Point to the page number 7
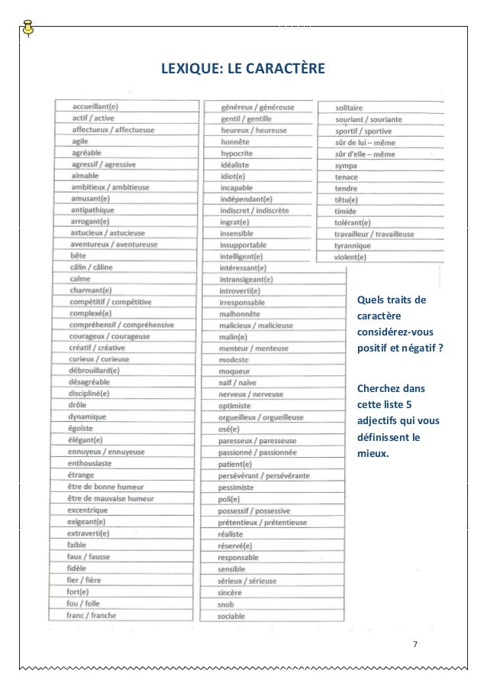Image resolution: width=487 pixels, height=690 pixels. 414,643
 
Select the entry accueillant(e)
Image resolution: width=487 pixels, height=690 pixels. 95,106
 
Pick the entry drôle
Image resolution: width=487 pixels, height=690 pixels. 78,405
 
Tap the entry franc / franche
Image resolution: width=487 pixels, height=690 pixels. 91,614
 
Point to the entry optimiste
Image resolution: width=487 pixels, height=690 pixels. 235,405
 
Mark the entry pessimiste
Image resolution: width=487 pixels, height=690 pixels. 237,487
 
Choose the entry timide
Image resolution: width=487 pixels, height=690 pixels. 346,211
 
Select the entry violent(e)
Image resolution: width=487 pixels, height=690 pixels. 350,258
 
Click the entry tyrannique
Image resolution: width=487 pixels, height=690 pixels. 352,246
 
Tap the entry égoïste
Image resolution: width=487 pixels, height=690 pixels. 80,428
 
